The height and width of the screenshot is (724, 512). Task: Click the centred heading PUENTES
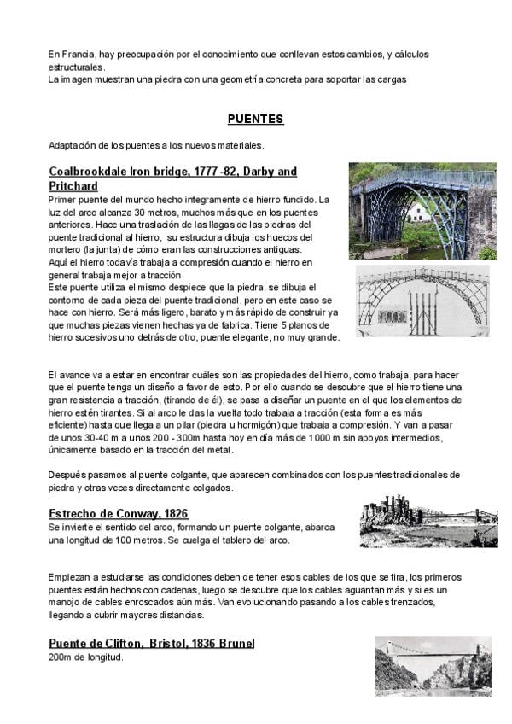pyautogui.click(x=255, y=119)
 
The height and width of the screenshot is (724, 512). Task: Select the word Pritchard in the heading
pyautogui.click(x=73, y=186)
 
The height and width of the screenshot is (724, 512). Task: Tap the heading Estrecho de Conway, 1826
pyautogui.click(x=119, y=513)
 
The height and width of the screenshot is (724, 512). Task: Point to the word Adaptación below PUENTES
pyautogui.click(x=72, y=144)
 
